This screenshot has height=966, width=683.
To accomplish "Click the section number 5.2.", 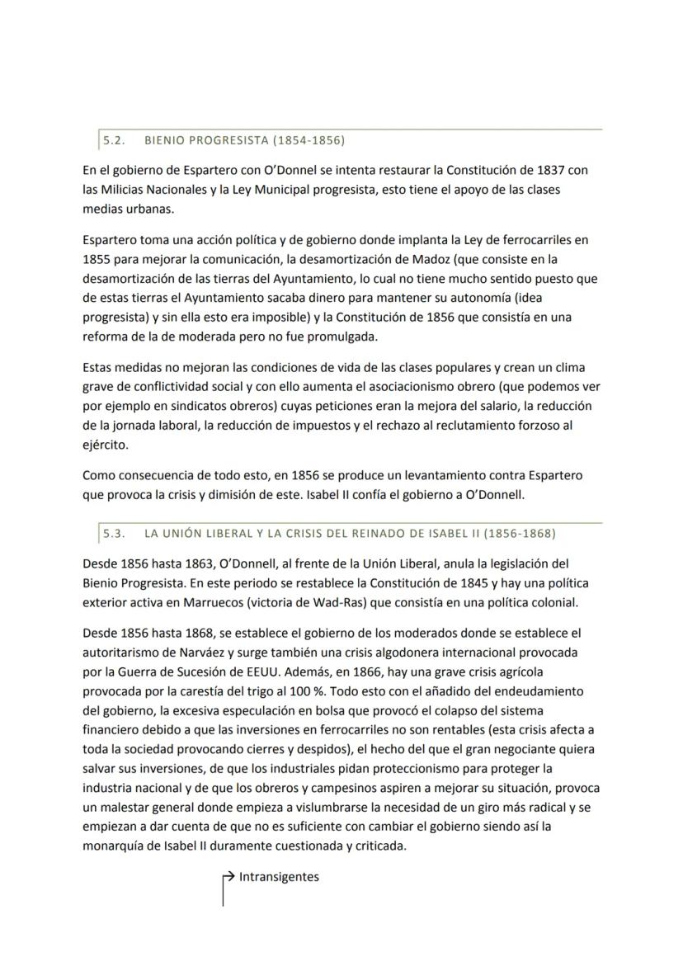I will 114,140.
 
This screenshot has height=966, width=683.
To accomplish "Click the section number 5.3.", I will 114,533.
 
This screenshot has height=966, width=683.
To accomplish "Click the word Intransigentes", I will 279,877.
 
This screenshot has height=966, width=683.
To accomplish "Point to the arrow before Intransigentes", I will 229,877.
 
